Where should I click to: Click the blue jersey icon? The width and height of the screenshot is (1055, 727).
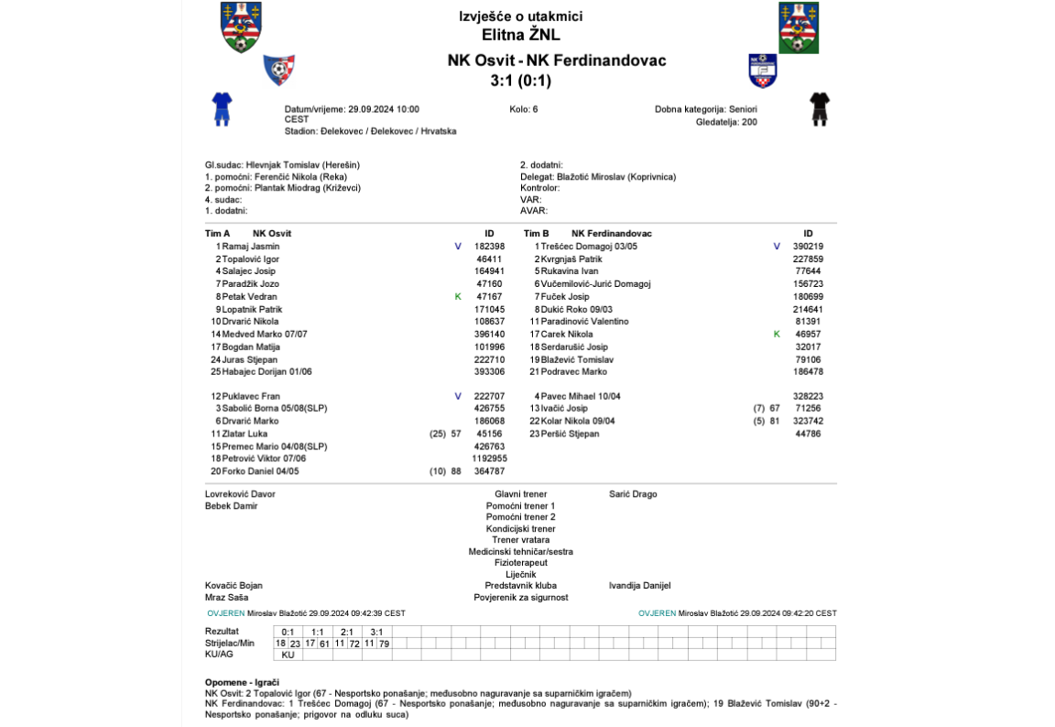click(223, 108)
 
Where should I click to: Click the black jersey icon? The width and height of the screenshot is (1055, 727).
click(820, 108)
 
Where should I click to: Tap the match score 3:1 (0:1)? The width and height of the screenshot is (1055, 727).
click(520, 81)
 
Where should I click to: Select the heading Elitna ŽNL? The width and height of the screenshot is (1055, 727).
click(520, 36)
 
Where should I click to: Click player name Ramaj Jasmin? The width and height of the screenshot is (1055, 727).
click(251, 247)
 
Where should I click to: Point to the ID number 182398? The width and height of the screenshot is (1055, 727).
click(489, 247)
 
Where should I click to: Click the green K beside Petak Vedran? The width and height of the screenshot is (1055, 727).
click(458, 297)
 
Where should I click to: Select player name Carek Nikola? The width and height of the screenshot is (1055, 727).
click(567, 335)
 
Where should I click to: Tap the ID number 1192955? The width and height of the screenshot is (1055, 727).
click(489, 458)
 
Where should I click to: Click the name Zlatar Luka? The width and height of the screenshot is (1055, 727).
click(245, 434)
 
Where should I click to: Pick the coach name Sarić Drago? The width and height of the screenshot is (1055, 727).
click(633, 494)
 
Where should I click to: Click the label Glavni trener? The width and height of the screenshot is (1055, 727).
click(520, 494)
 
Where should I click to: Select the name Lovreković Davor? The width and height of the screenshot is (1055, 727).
click(240, 494)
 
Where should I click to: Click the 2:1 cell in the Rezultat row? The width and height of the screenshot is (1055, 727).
click(347, 632)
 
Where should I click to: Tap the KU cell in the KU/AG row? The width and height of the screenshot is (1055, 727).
click(288, 655)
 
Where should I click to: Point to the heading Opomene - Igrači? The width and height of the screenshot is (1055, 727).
click(243, 682)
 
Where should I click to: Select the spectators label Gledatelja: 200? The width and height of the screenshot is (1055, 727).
click(726, 122)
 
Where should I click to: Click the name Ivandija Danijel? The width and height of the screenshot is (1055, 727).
click(639, 585)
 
